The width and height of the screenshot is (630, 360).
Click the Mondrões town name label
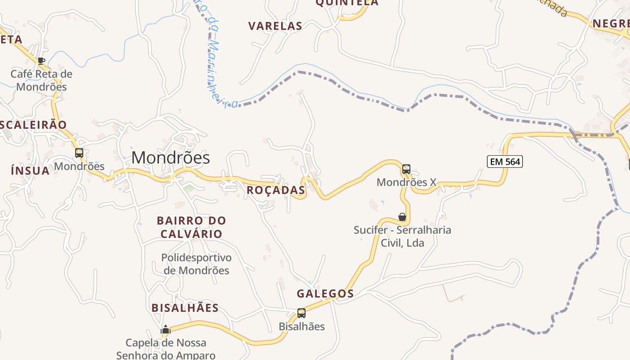click(171, 157)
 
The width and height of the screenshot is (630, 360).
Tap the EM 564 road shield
click(504, 161)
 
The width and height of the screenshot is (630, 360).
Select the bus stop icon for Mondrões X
click(406, 169)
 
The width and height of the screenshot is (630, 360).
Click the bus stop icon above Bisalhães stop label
click(301, 313)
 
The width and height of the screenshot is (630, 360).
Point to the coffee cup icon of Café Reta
click(41, 61)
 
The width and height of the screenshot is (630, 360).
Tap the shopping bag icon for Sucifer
click(402, 217)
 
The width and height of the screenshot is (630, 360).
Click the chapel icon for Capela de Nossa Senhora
click(166, 330)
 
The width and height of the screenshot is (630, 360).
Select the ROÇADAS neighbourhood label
click(276, 190)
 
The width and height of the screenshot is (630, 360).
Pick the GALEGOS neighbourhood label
click(325, 294)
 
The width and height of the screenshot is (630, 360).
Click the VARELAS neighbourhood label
click(275, 26)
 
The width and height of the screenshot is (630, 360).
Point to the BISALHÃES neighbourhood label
click(185, 308)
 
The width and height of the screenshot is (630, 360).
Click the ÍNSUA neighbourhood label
click(30, 171)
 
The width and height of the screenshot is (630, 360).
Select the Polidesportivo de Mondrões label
click(196, 264)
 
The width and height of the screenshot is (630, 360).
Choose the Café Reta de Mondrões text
click(41, 80)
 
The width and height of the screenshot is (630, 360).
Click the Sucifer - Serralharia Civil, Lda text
click(402, 236)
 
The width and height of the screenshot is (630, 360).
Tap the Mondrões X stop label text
click(406, 182)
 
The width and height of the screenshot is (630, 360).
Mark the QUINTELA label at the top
click(347, 3)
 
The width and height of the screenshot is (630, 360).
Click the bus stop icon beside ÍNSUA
click(79, 153)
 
